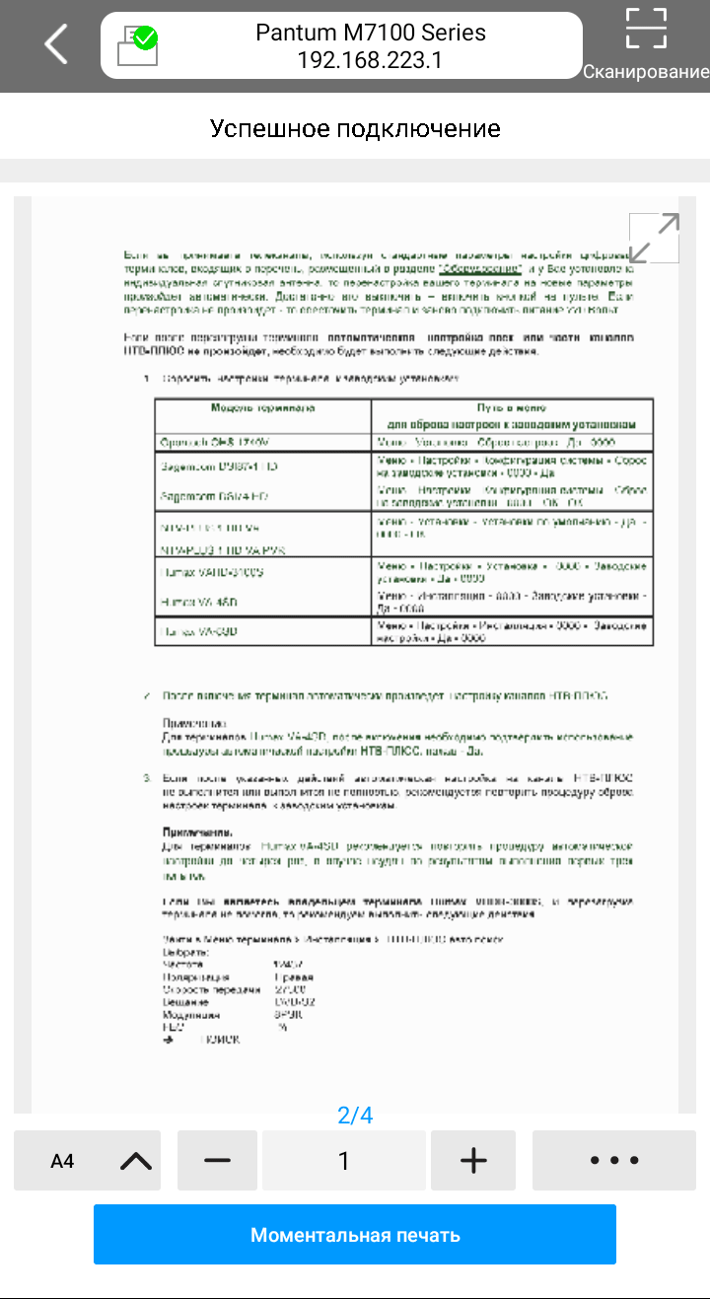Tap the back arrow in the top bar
pos(56,44)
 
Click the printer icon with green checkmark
pos(137,45)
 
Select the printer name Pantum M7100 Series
pos(370,33)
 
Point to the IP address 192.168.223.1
pos(370,61)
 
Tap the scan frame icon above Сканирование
pos(646,29)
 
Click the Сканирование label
pos(646,72)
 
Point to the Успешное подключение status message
pos(355,129)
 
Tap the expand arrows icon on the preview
pos(654,238)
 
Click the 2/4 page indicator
pos(355,1116)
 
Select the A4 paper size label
pos(62,1161)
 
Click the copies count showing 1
pos(344,1161)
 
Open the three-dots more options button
pos(613,1161)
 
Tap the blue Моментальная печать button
pos(355,1235)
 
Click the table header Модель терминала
pos(262,406)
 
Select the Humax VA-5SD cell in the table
pos(197,631)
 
